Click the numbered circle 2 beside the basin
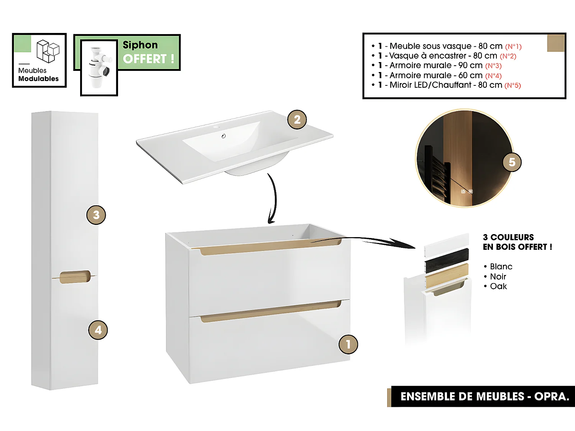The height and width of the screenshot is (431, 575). [x=297, y=120]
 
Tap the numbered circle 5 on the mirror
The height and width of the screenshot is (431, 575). [x=512, y=162]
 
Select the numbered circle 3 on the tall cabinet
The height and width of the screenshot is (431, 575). [x=96, y=215]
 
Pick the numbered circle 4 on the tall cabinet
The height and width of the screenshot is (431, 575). [x=98, y=330]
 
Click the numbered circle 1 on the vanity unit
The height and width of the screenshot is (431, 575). [x=348, y=344]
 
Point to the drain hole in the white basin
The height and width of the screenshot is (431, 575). [x=223, y=136]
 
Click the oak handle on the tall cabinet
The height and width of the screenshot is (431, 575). [x=75, y=277]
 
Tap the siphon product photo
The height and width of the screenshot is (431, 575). [x=99, y=67]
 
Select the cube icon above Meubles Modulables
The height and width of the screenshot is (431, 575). [x=48, y=51]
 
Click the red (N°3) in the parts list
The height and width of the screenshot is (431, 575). [x=493, y=66]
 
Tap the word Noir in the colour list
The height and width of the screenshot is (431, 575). [x=498, y=277]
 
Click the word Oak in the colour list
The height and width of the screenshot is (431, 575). [x=498, y=287]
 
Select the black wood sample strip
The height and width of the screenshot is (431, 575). [x=447, y=260]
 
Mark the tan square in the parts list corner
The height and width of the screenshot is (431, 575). [x=555, y=43]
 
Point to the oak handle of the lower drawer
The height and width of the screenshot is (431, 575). [x=270, y=311]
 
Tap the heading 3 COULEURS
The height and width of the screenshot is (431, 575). [x=508, y=237]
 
